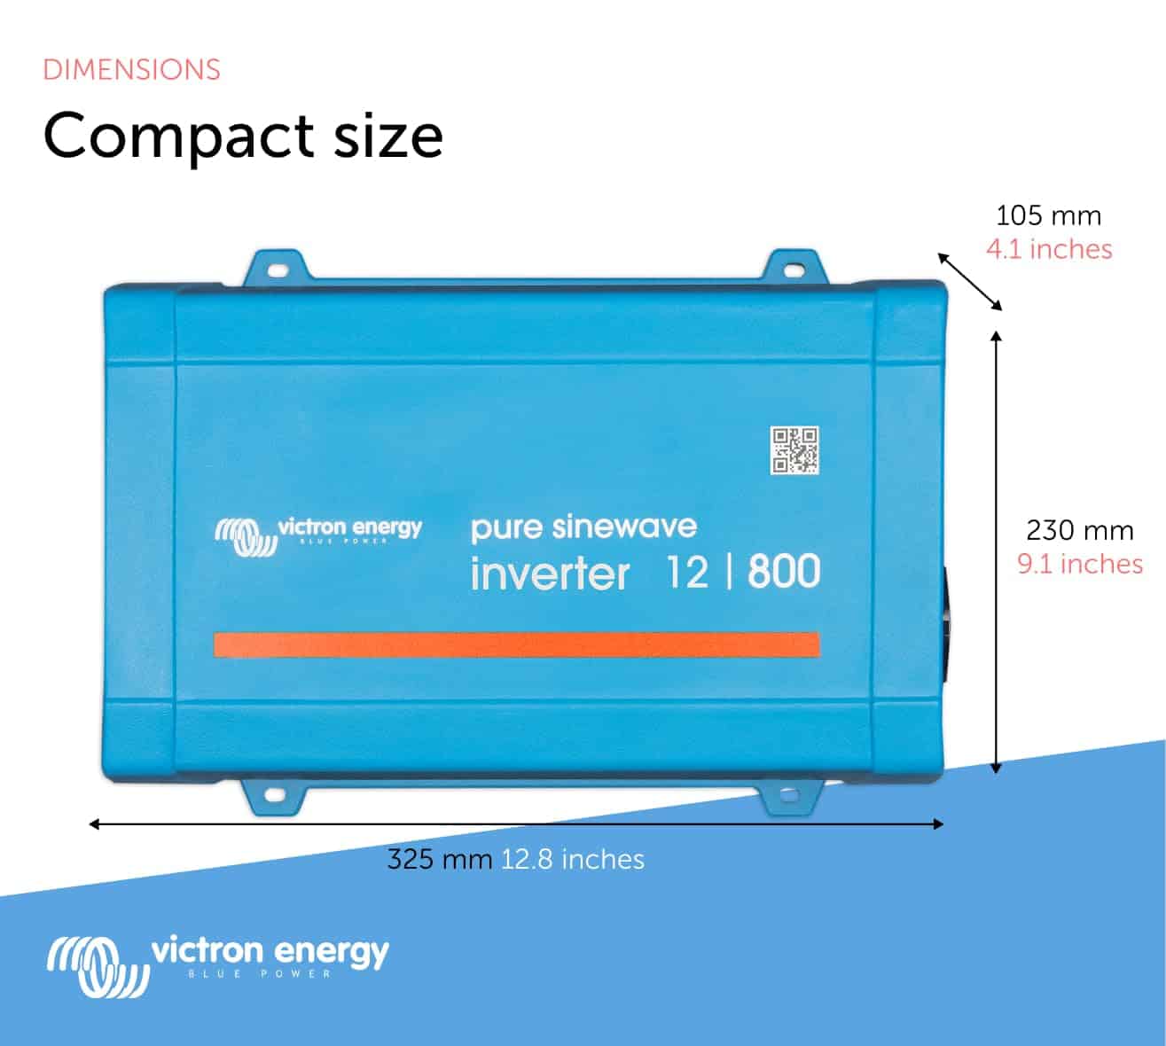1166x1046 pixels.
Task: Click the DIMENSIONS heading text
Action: [x=131, y=70]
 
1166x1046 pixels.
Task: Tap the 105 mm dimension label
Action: [x=1048, y=215]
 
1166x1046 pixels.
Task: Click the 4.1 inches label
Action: [x=1049, y=249]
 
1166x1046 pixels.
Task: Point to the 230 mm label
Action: [x=1080, y=530]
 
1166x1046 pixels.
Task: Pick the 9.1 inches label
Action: [x=1080, y=564]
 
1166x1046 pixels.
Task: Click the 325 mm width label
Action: [x=440, y=859]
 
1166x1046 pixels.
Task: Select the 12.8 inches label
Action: [x=573, y=859]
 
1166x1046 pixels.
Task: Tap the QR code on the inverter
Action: [x=794, y=450]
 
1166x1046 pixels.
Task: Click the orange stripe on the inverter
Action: [x=516, y=644]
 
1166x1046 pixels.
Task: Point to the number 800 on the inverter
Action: [x=784, y=572]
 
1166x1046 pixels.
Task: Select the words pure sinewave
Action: [x=583, y=528]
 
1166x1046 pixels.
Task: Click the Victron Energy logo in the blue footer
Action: [x=217, y=965]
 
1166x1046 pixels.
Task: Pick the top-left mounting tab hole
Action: [x=277, y=269]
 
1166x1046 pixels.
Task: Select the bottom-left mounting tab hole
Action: [x=275, y=795]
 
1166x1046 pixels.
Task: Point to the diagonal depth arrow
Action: [x=970, y=282]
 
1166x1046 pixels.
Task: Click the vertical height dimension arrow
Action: [x=998, y=552]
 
